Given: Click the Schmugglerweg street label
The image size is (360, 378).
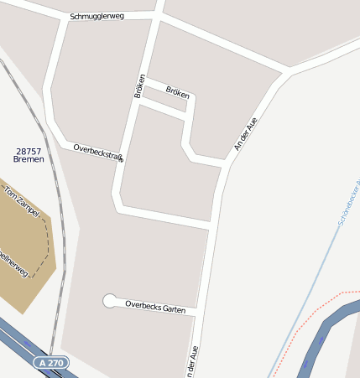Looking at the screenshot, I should tap(97, 16).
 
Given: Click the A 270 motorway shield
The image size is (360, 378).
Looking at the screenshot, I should tap(51, 363).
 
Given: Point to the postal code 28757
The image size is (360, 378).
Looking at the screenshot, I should tap(28, 151).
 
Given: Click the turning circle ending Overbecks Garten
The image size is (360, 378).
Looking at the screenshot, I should tap(109, 300).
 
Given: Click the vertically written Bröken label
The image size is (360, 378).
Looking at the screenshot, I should tap(140, 85).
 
